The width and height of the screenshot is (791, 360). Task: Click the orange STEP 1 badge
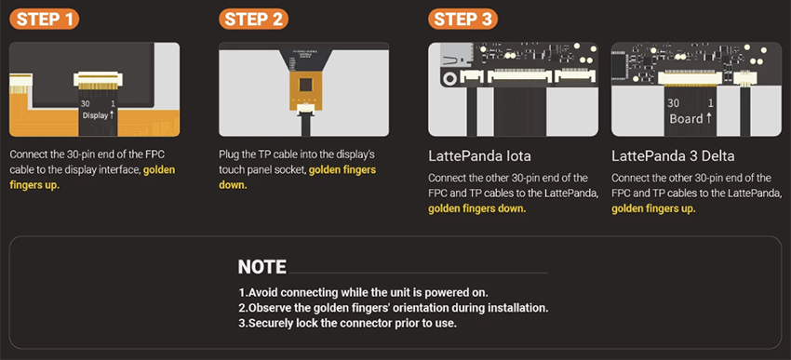click(45, 20)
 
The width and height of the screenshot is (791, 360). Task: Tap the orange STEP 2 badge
click(254, 20)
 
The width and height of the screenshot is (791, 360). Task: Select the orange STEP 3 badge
click(463, 20)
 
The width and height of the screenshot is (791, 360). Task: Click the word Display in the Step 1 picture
click(95, 115)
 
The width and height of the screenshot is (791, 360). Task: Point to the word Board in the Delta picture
click(686, 119)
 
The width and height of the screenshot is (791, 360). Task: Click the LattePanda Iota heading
click(479, 156)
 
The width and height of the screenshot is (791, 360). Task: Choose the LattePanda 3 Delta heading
click(673, 156)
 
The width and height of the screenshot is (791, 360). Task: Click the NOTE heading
click(261, 267)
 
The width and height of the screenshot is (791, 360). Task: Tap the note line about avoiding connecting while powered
click(363, 292)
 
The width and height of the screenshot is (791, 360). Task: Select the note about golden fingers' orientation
click(394, 308)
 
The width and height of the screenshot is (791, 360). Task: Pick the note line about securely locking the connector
click(348, 323)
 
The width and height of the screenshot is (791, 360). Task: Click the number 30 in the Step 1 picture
click(86, 103)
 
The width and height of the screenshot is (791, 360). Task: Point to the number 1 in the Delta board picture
click(711, 104)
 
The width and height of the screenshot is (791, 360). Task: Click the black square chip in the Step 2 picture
click(304, 85)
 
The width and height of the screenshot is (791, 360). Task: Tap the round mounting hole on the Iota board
click(449, 78)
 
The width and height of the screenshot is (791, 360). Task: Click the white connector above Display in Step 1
click(98, 79)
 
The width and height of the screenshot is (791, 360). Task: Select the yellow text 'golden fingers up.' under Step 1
click(92, 177)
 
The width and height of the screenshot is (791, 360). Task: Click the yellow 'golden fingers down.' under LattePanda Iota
click(477, 208)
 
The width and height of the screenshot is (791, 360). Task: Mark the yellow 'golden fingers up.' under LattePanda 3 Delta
click(653, 208)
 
